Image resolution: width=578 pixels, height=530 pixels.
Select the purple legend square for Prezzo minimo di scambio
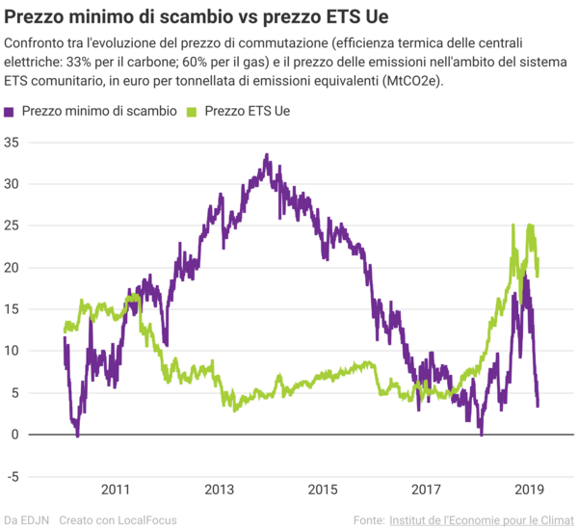tap(11, 111)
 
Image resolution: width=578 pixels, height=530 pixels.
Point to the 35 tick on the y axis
tap(13, 142)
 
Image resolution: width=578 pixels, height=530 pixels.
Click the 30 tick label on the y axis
tap(13, 183)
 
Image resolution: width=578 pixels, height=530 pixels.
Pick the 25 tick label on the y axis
tap(13, 225)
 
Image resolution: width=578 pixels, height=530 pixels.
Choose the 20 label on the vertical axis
tap(13, 267)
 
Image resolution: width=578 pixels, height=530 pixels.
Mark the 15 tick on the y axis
tap(13, 308)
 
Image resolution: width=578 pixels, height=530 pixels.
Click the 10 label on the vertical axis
tap(13, 351)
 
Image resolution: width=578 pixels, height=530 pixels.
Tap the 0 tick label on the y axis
tap(16, 434)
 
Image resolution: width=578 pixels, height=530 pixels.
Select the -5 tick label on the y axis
tap(13, 476)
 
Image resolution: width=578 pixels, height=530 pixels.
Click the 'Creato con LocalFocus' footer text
tap(118, 520)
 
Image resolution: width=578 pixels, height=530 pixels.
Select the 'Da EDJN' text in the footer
tap(27, 520)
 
